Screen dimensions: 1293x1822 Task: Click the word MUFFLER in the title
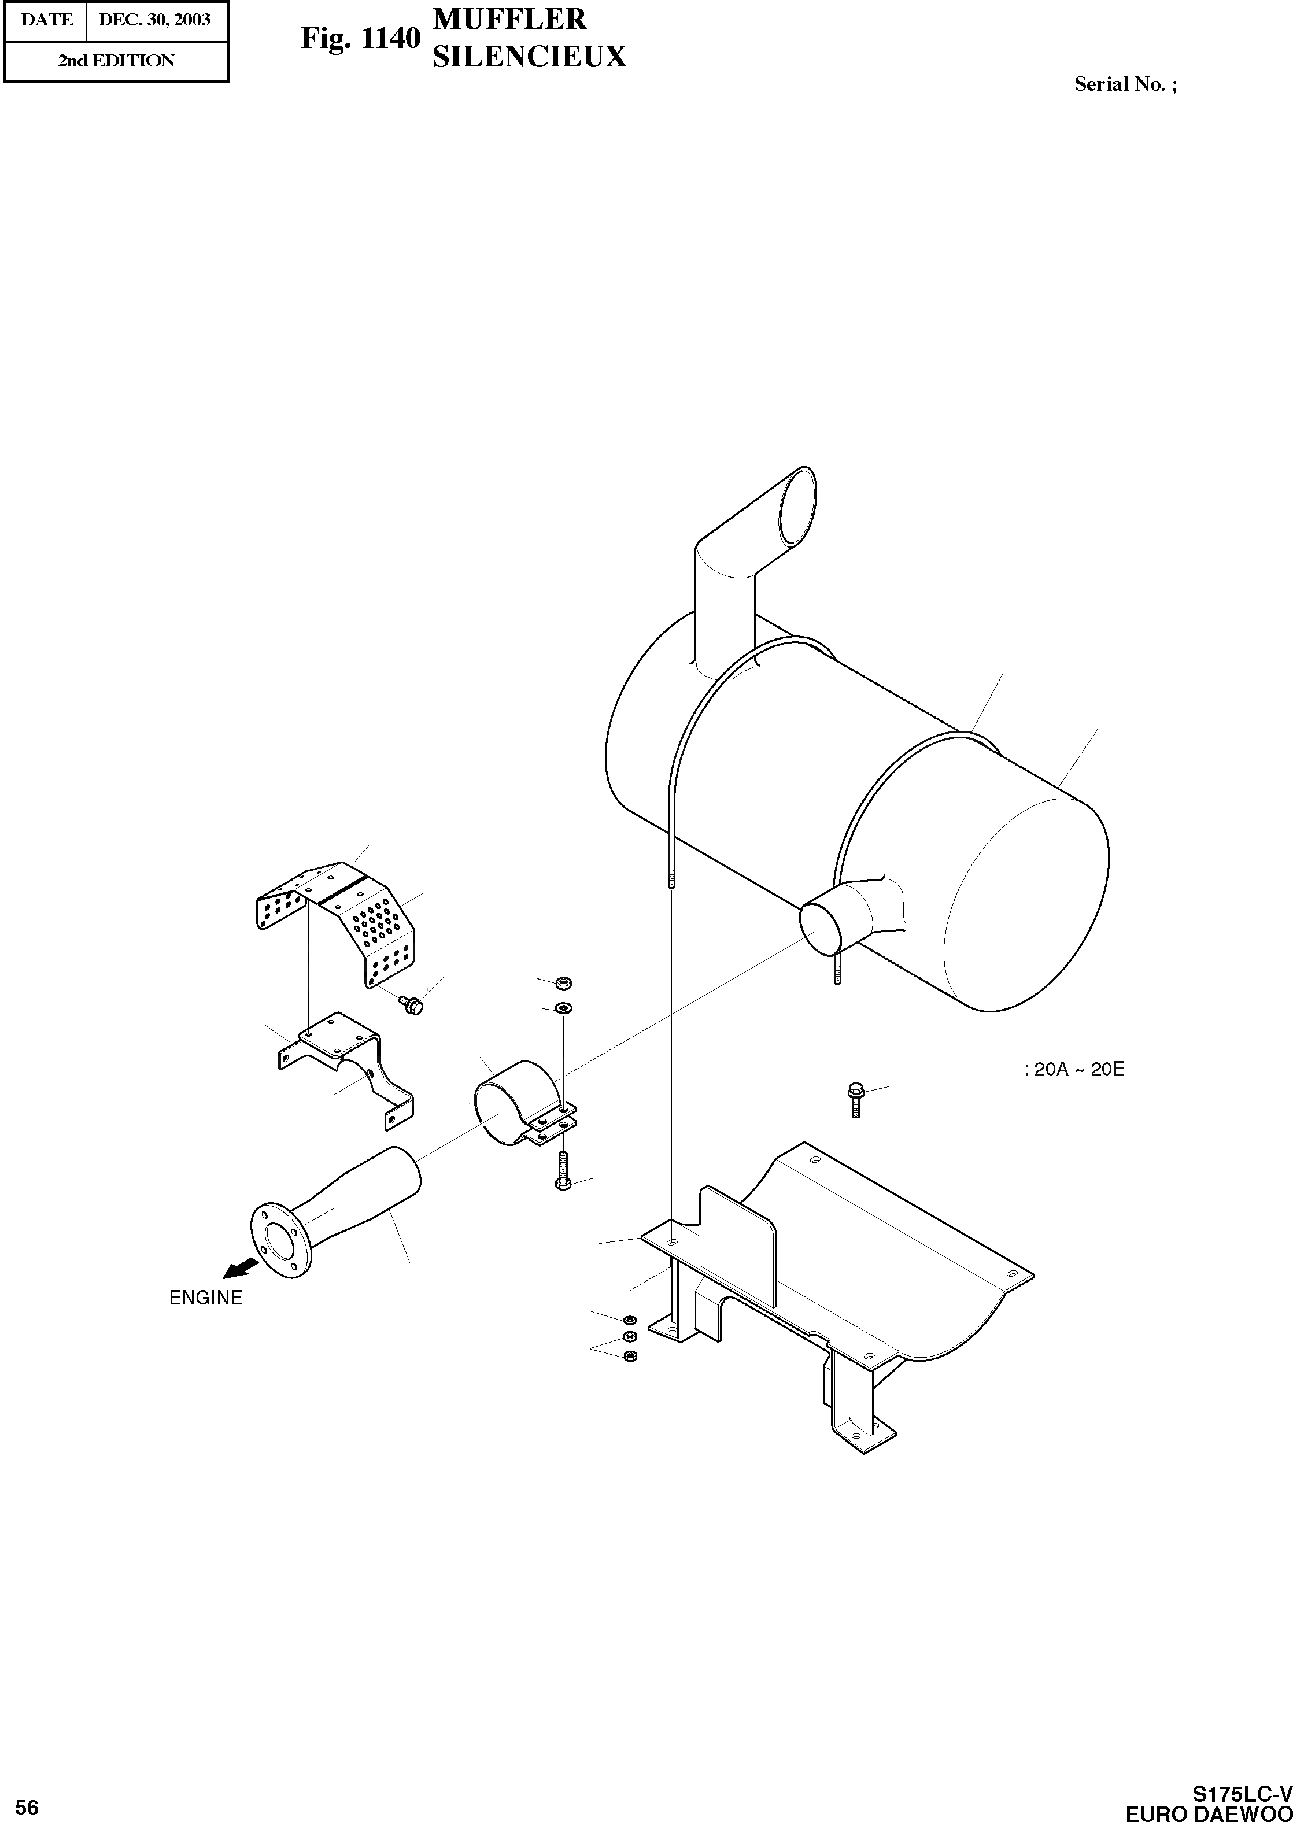click(x=509, y=19)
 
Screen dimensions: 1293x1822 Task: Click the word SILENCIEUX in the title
click(x=529, y=57)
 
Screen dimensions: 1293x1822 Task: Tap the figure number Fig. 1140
click(x=360, y=38)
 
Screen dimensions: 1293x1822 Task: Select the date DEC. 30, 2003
click(x=154, y=20)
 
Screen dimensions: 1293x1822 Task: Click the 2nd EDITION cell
click(x=116, y=61)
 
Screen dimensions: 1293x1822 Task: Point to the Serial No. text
click(x=1125, y=84)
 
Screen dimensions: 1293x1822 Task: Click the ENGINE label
click(x=205, y=1298)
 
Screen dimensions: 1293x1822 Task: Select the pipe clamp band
click(x=509, y=1103)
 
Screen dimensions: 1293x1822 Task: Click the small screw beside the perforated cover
click(x=412, y=1004)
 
